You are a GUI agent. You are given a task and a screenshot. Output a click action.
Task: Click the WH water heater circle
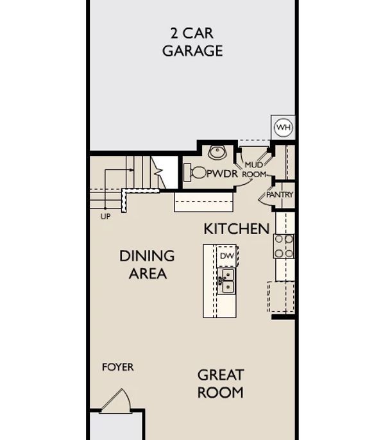pos(284,128)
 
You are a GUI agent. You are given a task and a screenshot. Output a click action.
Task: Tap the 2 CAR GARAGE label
pos(192,42)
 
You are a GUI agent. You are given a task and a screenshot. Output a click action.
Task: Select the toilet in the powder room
pos(195,173)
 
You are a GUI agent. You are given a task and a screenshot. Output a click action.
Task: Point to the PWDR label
pos(222,174)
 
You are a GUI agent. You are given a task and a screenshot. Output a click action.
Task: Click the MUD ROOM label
pos(254,169)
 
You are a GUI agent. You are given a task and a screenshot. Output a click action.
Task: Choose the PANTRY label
pos(280,194)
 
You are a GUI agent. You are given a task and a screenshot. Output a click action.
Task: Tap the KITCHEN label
pos(237,229)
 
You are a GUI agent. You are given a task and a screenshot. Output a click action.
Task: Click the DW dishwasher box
pos(227,256)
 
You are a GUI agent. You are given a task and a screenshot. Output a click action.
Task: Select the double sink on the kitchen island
pos(226,281)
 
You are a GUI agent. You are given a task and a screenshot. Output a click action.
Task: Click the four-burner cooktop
pos(284,246)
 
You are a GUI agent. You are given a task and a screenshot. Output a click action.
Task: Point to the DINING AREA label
pos(148,265)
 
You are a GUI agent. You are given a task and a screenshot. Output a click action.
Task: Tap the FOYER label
pos(118,367)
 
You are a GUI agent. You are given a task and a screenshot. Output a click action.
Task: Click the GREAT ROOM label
pos(221,384)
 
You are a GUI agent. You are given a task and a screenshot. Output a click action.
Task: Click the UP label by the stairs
pos(105,216)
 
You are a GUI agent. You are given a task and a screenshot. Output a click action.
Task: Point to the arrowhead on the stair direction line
pos(132,170)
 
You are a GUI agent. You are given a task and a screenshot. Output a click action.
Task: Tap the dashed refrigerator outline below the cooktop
pos(281,296)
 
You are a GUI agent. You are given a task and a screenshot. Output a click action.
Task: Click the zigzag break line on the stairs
pos(158,172)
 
